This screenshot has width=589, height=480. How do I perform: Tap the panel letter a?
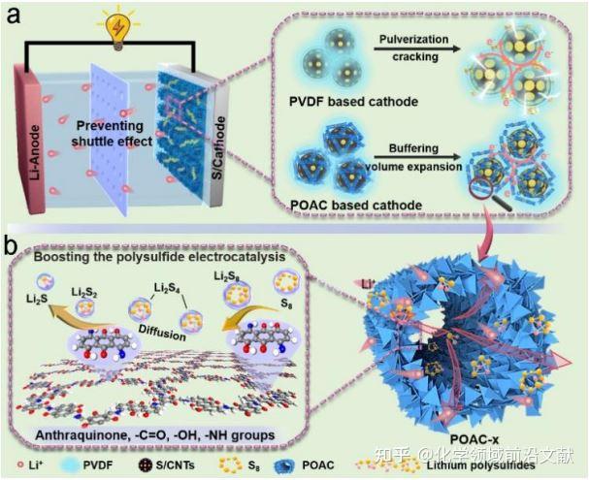pyautogui.click(x=16, y=17)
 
